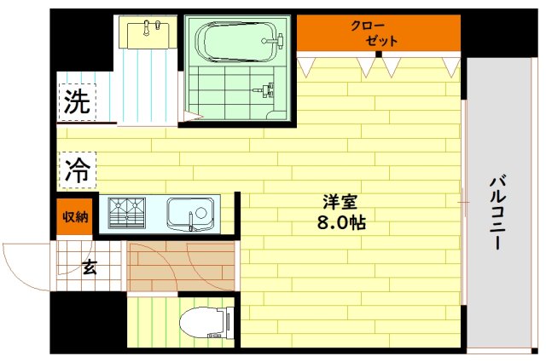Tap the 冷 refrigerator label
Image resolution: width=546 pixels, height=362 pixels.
77,168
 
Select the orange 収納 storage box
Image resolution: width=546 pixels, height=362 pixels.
75,216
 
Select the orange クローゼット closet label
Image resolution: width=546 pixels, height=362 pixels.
375,32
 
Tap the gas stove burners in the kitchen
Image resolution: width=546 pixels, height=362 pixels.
127,212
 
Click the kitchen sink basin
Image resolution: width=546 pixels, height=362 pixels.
189,212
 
